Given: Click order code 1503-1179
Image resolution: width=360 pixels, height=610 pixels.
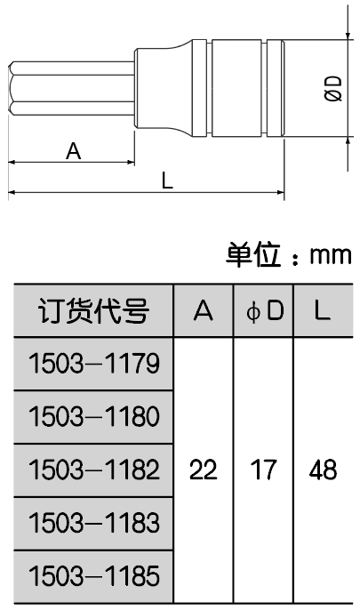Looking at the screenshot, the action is pos(94,364).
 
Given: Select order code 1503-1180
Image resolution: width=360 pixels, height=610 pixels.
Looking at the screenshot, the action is pos(94,416).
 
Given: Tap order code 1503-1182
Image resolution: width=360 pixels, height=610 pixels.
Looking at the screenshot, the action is pos(94,470).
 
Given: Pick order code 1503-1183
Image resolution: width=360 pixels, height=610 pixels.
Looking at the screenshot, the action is pos(94,523).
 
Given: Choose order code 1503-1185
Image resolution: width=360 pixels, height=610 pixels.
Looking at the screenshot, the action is pos(94,576).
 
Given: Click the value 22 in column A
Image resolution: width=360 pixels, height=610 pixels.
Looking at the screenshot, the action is pos(203,470).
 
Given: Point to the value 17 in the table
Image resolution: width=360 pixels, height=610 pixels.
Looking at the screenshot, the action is pos(264,470).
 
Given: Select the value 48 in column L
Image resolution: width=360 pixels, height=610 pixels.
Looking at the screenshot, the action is pos(323,470).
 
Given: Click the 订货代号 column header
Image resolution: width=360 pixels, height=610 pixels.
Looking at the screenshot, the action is pos(93,311).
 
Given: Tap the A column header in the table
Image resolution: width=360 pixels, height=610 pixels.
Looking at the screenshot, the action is pos(204,311).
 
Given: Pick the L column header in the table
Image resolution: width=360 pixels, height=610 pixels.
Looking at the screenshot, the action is pos(322,311).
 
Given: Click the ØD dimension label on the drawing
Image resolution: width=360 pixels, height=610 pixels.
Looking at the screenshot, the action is pos(333,88).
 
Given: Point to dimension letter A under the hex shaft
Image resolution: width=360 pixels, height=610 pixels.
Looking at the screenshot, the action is pos(74,150).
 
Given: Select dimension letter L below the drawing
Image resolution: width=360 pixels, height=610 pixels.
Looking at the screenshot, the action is pos(167,181).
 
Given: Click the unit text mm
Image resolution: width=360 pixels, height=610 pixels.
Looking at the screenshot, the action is pos(331,255).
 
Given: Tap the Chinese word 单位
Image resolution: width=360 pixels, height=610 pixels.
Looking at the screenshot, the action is pos(253,254).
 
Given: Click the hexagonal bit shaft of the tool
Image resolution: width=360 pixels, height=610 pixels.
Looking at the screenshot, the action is pos(71,88).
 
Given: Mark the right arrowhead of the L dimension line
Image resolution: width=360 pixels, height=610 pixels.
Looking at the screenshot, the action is pos(280,192).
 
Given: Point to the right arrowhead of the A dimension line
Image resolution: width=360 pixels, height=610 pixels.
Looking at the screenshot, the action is pos(130,162).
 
